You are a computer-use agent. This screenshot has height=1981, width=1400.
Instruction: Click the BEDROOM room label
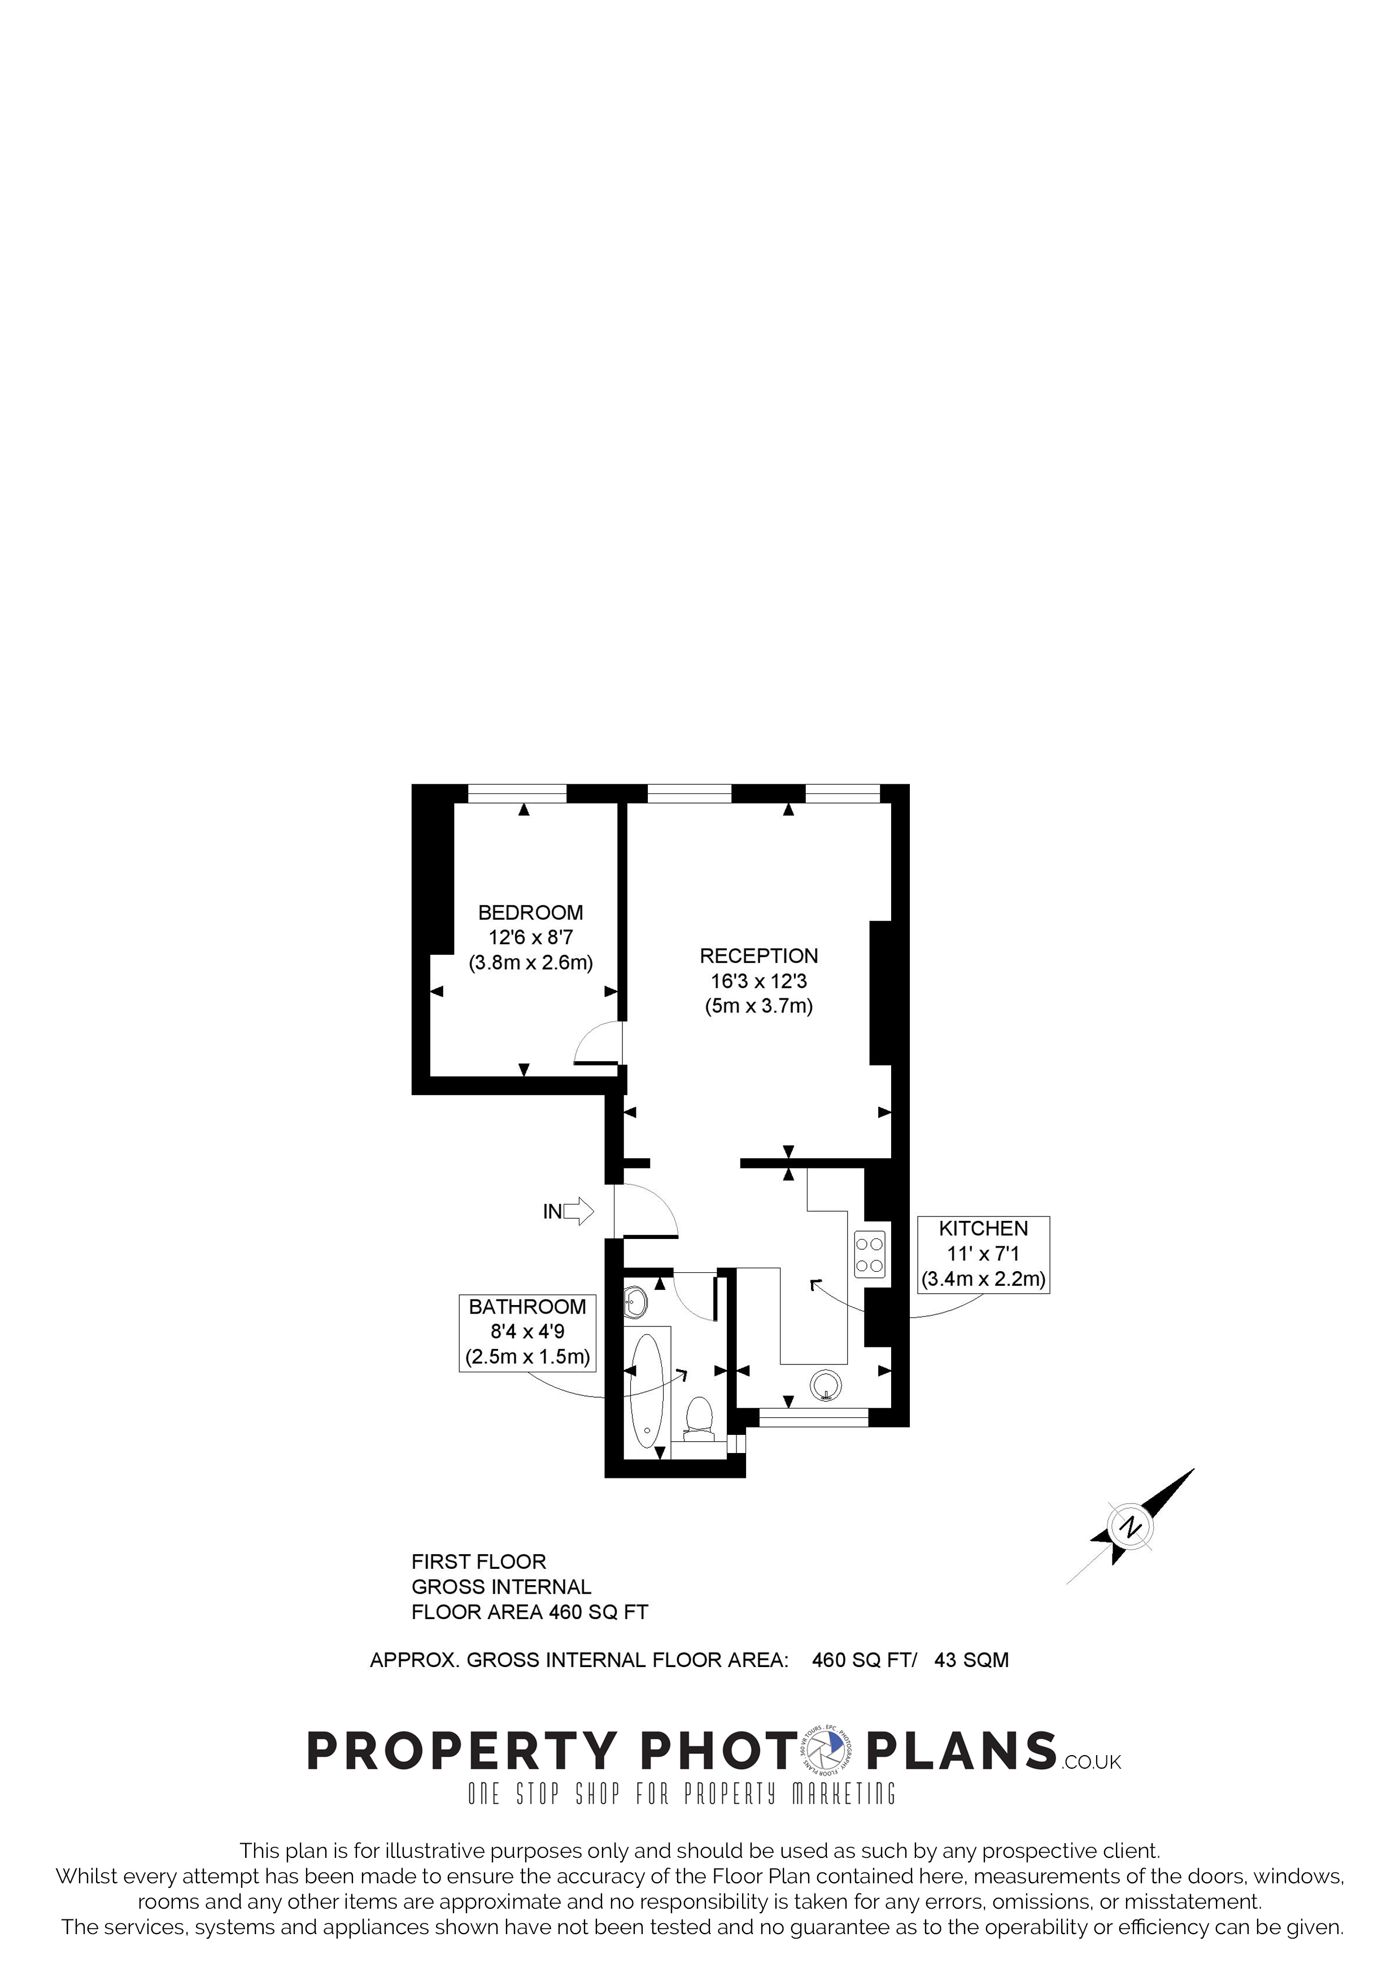(530, 913)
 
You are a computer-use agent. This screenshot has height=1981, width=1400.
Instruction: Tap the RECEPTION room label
(758, 956)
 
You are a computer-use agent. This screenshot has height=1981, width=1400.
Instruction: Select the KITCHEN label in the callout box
(983, 1229)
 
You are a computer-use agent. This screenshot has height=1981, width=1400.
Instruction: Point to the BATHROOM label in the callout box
(527, 1307)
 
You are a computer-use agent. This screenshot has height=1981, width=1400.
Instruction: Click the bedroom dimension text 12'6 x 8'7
(530, 938)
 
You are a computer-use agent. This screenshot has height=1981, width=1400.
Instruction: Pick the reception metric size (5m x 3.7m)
(759, 1006)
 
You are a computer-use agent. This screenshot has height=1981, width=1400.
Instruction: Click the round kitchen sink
(826, 1386)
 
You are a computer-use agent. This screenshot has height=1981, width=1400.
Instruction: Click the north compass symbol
(1130, 1527)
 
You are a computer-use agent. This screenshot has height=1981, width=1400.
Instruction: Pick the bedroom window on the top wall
(517, 794)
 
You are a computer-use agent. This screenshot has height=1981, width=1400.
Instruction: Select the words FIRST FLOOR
(479, 1561)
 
